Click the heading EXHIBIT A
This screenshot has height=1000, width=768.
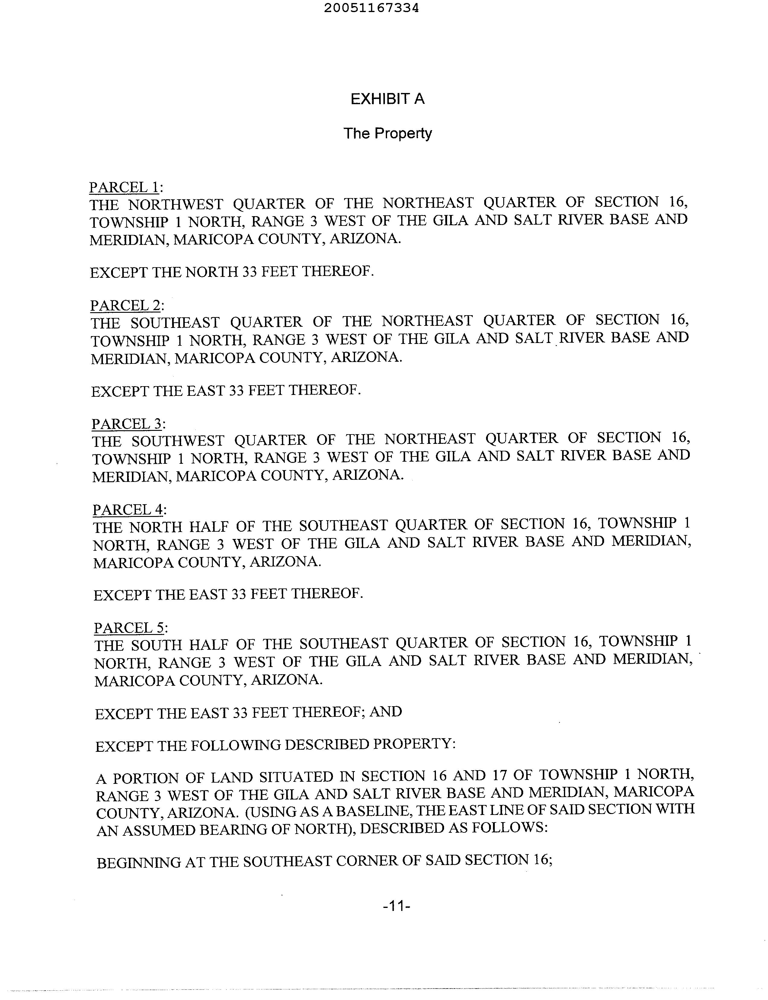387,99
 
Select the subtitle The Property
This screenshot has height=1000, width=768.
387,133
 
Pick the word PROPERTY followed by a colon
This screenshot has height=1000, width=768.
413,744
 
